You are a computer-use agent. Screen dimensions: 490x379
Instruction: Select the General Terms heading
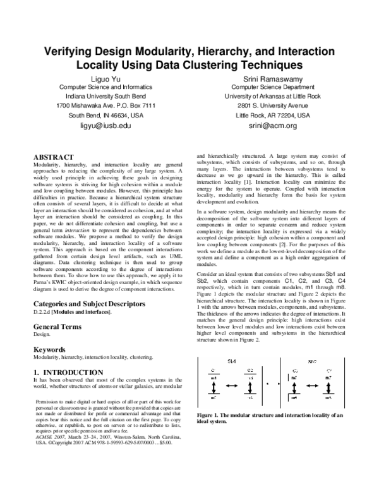(57, 326)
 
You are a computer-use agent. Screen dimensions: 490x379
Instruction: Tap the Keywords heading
(50, 349)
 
